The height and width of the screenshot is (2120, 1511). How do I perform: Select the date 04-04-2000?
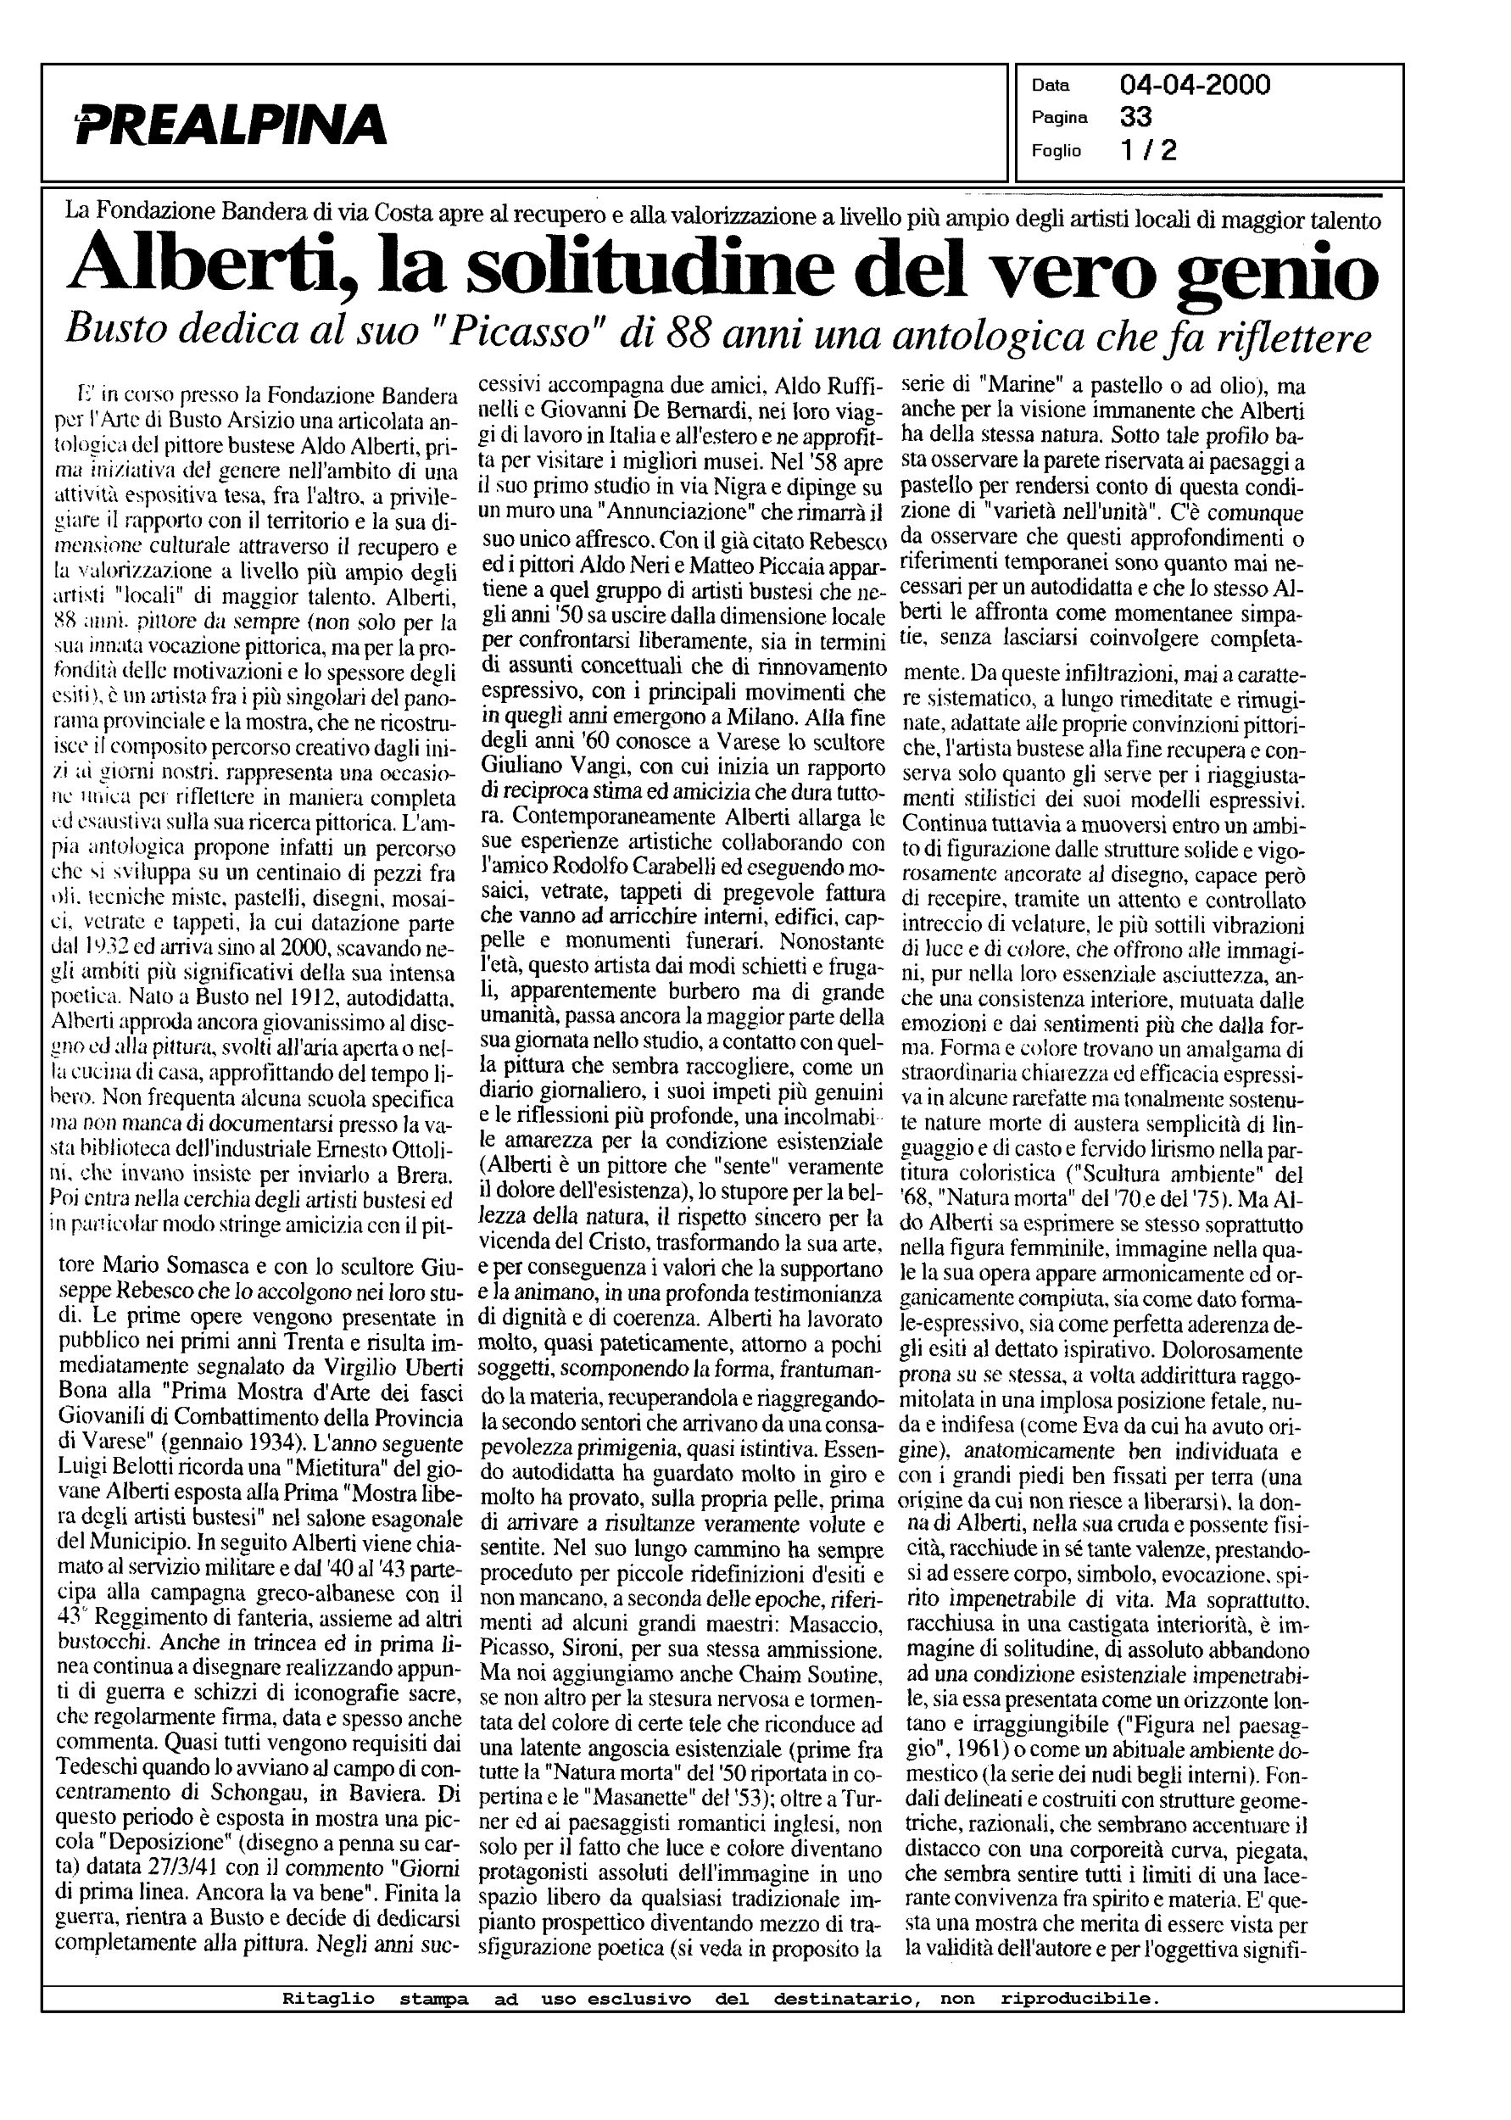click(x=1196, y=86)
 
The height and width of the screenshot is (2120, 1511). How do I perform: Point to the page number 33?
click(x=1136, y=117)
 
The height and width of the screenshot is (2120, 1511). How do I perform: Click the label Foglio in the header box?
click(x=1056, y=150)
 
